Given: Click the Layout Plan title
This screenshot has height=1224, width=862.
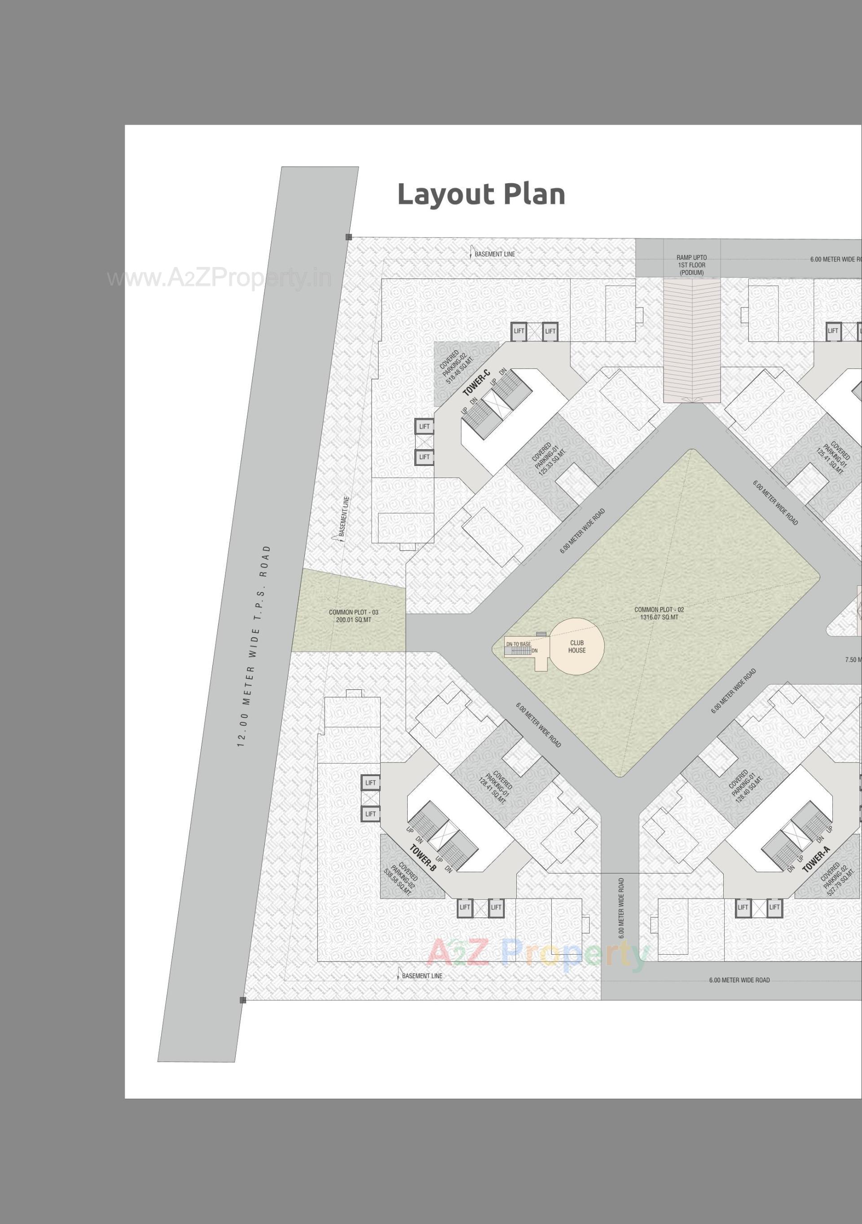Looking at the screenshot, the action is pyautogui.click(x=481, y=194).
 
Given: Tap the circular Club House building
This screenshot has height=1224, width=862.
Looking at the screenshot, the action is pyautogui.click(x=577, y=646).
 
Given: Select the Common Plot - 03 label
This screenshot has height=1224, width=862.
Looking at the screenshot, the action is pyautogui.click(x=353, y=616).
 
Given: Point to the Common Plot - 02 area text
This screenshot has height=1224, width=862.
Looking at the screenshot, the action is pyautogui.click(x=659, y=613).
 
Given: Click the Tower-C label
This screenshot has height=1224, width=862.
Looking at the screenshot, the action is pyautogui.click(x=476, y=382).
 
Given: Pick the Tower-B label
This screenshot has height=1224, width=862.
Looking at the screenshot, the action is pyautogui.click(x=423, y=858).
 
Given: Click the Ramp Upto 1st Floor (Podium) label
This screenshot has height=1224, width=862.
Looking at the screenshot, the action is pyautogui.click(x=691, y=265).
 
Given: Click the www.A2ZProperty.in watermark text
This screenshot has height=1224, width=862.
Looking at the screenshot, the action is pyautogui.click(x=219, y=278).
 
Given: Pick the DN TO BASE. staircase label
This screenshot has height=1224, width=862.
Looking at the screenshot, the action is pyautogui.click(x=518, y=644).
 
